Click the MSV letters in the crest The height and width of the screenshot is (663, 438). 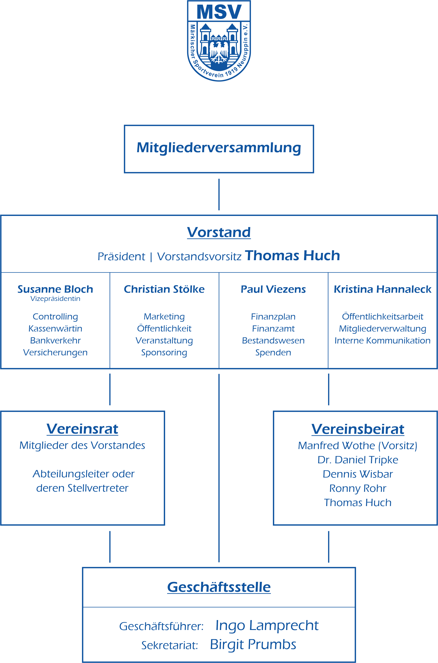click(x=219, y=12)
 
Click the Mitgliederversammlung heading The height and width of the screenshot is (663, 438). click(x=219, y=148)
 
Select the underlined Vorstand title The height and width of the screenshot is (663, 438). click(x=219, y=232)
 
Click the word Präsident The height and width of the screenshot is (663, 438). click(x=121, y=256)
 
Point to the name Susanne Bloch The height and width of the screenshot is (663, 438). click(x=55, y=289)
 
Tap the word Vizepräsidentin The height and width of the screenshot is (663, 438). click(x=55, y=299)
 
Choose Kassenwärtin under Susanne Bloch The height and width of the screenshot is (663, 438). click(x=55, y=329)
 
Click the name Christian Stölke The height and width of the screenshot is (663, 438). click(x=164, y=289)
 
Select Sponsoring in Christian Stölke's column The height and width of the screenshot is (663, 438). click(x=164, y=353)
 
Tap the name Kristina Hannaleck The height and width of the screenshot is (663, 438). click(x=383, y=289)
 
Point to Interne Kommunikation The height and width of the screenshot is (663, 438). click(x=383, y=341)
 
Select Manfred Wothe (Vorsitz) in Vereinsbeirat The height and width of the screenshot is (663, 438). click(x=358, y=446)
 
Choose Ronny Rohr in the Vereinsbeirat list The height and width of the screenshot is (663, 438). click(x=358, y=488)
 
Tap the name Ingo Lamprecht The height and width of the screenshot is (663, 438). click(x=267, y=626)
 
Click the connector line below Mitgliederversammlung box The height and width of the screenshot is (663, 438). click(x=219, y=195)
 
